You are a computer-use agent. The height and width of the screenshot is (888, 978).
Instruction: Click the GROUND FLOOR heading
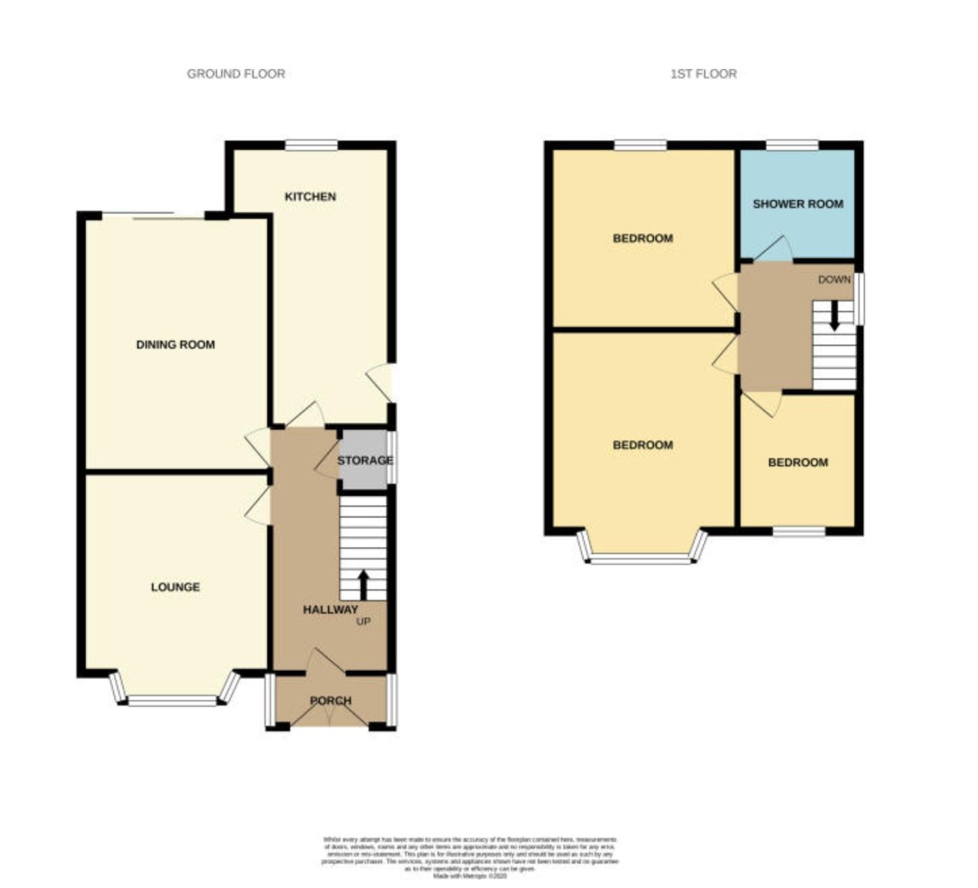click(235, 74)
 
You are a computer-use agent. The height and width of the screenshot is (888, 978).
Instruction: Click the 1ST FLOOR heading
click(703, 74)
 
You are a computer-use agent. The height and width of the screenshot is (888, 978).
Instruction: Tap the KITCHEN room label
click(310, 197)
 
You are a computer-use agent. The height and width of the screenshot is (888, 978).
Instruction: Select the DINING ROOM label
click(175, 345)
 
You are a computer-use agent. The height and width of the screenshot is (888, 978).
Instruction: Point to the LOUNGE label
click(175, 587)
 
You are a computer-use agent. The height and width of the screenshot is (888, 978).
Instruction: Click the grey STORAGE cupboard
click(365, 460)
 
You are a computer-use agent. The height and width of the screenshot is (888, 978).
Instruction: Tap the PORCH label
click(331, 701)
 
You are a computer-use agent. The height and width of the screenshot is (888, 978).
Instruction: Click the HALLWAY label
click(330, 610)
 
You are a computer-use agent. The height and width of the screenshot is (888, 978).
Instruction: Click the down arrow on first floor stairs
click(835, 315)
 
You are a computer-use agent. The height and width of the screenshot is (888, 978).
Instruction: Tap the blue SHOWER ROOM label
click(797, 203)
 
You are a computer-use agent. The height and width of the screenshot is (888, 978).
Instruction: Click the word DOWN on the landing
click(834, 279)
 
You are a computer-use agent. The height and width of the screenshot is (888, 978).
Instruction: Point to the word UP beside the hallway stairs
click(363, 622)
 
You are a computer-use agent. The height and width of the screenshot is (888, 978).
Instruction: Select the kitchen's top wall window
click(311, 145)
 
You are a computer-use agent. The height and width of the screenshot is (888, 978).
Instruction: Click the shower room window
click(792, 145)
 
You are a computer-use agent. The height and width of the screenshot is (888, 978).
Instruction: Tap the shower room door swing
click(774, 250)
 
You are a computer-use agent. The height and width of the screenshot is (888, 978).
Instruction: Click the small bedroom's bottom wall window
click(799, 531)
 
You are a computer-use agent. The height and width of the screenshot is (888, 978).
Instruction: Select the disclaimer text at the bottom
click(470, 857)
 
